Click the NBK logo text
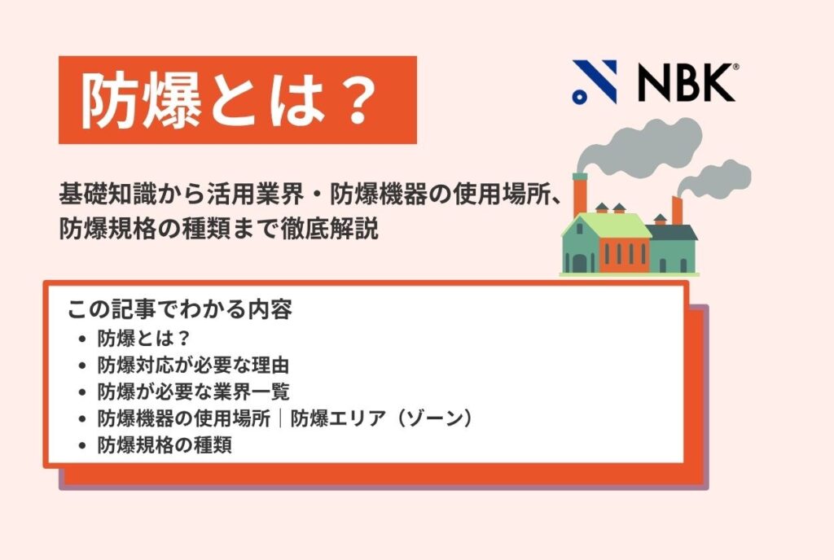[686, 81]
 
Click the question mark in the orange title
[355, 101]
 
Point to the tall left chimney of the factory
[580, 195]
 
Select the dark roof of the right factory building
[674, 232]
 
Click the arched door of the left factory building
[579, 262]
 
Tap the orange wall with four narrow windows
[625, 254]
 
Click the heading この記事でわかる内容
[180, 310]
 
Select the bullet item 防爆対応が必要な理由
[193, 364]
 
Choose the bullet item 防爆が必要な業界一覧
[193, 391]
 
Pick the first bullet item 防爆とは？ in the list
[143, 337]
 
